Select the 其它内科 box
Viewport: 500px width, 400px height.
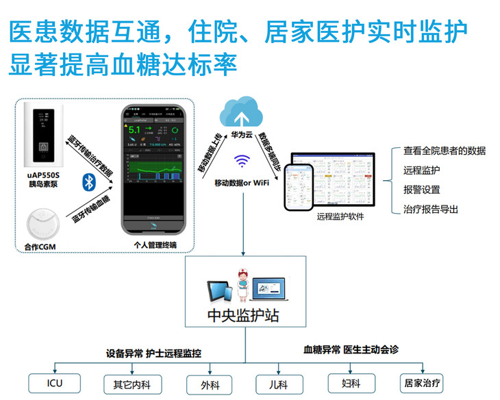(x=131, y=383)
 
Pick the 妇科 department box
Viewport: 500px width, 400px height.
(x=351, y=383)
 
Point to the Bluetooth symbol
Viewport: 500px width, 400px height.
(x=88, y=182)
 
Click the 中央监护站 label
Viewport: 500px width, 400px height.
(x=243, y=317)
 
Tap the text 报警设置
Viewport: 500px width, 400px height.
(x=422, y=190)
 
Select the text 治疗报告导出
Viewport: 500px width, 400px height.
(x=431, y=210)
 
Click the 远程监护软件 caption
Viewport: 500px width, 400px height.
(x=340, y=216)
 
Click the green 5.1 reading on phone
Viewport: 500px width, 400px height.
(x=134, y=129)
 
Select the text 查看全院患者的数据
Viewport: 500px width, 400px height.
(x=445, y=151)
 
